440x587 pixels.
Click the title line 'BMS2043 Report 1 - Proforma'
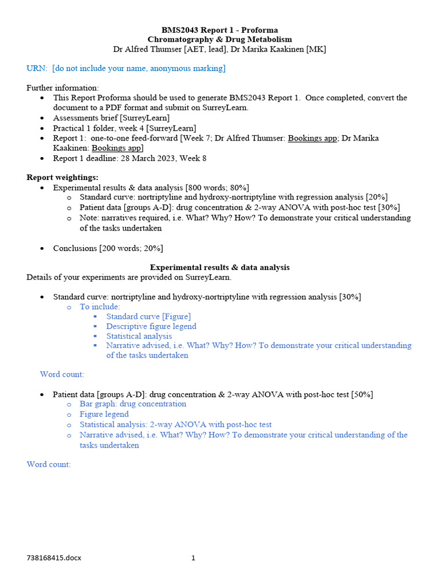[x=219, y=30]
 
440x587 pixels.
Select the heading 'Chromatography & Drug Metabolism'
[x=219, y=40]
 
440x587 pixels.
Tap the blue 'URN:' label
[x=37, y=69]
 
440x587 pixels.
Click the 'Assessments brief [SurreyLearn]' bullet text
[x=111, y=118]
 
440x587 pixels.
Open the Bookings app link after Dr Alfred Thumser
[x=312, y=138]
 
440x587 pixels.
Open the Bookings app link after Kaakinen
[x=117, y=148]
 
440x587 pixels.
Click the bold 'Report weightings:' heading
[x=62, y=177]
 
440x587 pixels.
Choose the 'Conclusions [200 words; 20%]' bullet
[x=108, y=248]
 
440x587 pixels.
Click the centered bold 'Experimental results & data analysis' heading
[x=219, y=267]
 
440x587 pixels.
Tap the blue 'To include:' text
[x=100, y=307]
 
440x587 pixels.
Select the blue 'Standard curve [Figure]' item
[x=148, y=316]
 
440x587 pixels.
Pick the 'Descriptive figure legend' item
[x=151, y=326]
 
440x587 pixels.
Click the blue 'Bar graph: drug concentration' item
[x=133, y=404]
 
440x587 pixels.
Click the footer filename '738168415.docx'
[x=54, y=558]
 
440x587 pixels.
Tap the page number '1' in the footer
[x=193, y=558]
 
